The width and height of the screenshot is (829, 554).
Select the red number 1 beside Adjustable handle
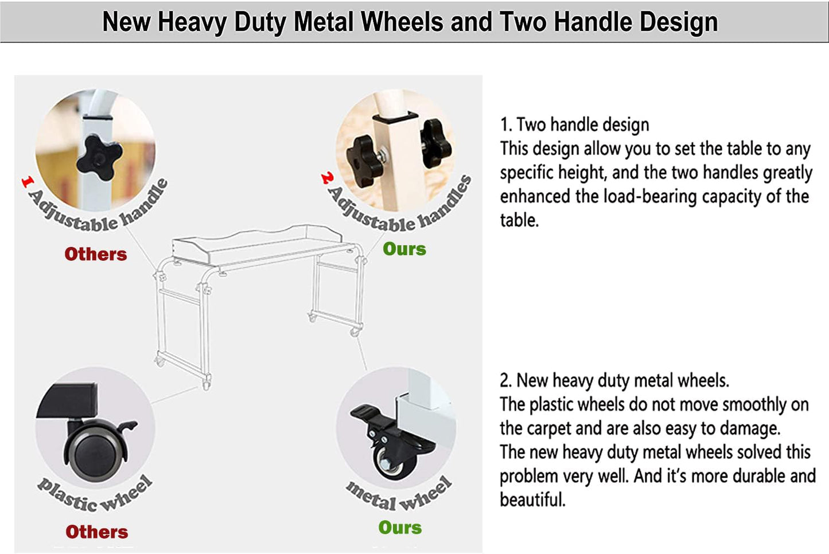click(28, 182)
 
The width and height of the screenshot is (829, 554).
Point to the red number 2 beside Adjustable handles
click(327, 178)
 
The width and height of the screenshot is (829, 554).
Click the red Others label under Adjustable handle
click(96, 254)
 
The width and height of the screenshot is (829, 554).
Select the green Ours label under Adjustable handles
click(404, 249)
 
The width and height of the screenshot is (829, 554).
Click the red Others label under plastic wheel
click(97, 532)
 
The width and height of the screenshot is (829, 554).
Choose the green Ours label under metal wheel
click(400, 528)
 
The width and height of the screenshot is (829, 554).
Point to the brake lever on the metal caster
click(367, 413)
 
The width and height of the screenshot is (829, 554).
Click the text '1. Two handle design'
click(575, 124)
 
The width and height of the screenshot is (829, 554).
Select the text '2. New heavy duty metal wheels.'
click(614, 380)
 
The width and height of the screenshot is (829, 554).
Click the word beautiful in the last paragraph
click(532, 500)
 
